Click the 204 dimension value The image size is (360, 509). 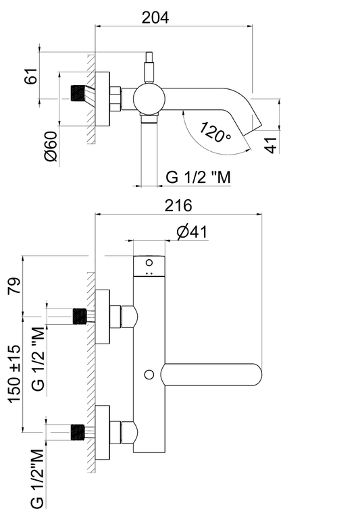coord(155,18)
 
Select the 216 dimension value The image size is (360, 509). coord(178,205)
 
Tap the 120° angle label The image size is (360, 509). coord(215,132)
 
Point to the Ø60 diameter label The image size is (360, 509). coord(51,146)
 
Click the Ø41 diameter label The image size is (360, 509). coord(192,232)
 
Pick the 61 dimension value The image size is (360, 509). coord(31,76)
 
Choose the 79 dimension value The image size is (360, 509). coord(14,286)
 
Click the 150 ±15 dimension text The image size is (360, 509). coord(15,374)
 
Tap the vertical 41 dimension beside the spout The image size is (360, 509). coord(271,144)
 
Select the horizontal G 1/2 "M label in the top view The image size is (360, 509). coord(198,178)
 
